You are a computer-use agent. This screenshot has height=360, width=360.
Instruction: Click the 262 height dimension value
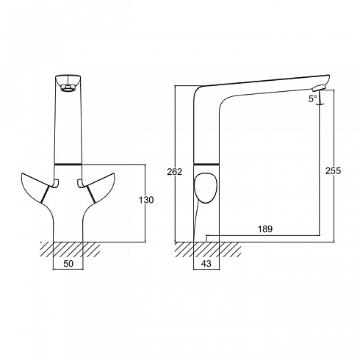tap(174, 172)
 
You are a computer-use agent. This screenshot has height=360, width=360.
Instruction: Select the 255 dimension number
tap(333, 170)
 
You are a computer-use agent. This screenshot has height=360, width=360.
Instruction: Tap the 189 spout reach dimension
tap(265, 229)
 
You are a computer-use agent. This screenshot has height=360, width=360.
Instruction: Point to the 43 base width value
tap(206, 264)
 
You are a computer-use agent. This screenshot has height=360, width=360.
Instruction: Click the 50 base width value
tap(68, 264)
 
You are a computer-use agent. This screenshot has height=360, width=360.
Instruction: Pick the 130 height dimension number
tap(146, 200)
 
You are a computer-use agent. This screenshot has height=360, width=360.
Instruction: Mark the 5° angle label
tap(313, 98)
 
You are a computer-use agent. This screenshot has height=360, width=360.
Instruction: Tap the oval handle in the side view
tap(205, 188)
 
